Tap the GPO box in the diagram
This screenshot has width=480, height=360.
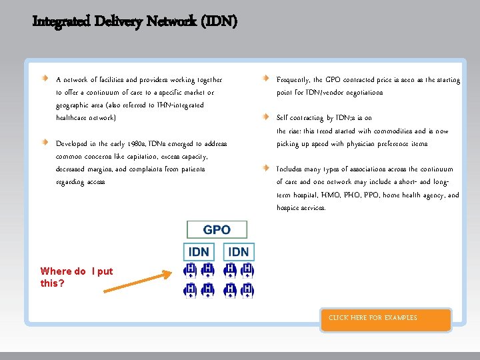[x=217, y=230]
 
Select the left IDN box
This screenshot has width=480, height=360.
[x=199, y=252]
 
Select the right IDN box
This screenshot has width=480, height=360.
[x=238, y=252]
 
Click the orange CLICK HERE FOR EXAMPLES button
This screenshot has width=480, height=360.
[x=385, y=319]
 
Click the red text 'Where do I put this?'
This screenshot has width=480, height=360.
[x=76, y=277]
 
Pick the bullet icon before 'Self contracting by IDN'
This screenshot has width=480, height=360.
[x=266, y=117]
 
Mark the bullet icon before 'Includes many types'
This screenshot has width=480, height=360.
[x=266, y=169]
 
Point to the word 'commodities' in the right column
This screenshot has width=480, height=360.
[x=389, y=131]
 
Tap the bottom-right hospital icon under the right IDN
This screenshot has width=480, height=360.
[x=247, y=290]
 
